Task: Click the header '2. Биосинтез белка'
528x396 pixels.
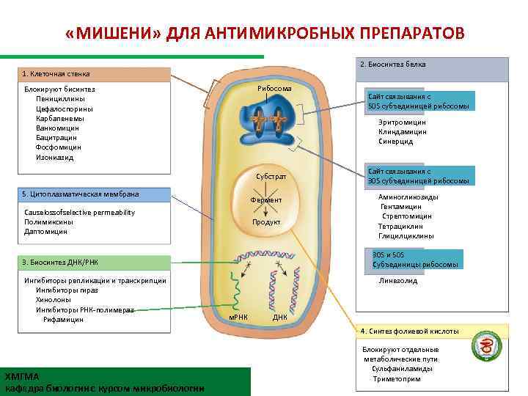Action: point(393,65)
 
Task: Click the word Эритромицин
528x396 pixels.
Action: point(403,122)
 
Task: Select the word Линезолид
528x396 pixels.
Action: point(398,280)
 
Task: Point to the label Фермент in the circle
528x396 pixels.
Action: point(266,200)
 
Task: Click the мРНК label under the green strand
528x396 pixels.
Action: point(239,318)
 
